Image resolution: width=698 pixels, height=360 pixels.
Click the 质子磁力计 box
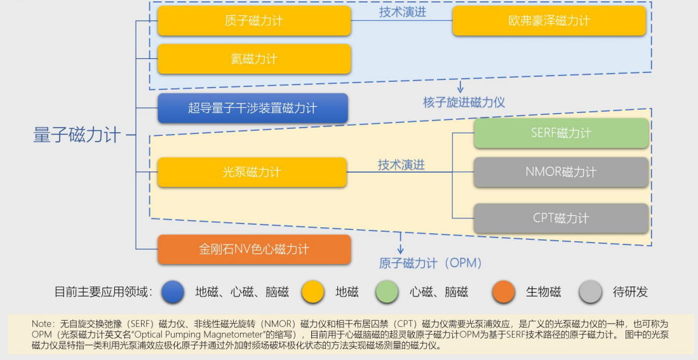(254, 20)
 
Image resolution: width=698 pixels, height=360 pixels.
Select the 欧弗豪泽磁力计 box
(549, 20)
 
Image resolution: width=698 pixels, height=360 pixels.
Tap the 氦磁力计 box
(254, 59)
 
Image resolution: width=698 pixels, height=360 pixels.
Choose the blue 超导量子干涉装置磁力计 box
(252, 108)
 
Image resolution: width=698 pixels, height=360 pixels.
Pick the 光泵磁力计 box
(252, 172)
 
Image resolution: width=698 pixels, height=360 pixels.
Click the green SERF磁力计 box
(561, 133)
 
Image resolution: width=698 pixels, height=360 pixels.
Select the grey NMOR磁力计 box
(561, 172)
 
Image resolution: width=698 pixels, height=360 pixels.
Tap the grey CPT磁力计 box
(561, 218)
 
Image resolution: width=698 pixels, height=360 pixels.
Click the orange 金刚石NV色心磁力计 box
(254, 249)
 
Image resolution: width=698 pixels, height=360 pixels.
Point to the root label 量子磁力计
(77, 135)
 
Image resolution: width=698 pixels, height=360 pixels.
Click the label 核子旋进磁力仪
(464, 102)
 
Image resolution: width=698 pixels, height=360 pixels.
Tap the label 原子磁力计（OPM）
(431, 263)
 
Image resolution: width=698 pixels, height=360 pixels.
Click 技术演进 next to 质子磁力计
(403, 12)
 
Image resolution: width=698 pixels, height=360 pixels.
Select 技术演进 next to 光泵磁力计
(401, 165)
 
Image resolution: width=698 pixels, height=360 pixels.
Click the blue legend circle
(173, 292)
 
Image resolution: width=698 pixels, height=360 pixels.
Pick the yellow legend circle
(313, 292)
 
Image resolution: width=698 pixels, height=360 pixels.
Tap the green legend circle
(387, 292)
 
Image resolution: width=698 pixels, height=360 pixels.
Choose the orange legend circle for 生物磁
(504, 292)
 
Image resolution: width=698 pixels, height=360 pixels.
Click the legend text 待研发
(630, 292)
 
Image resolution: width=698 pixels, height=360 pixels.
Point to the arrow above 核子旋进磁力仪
(460, 86)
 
